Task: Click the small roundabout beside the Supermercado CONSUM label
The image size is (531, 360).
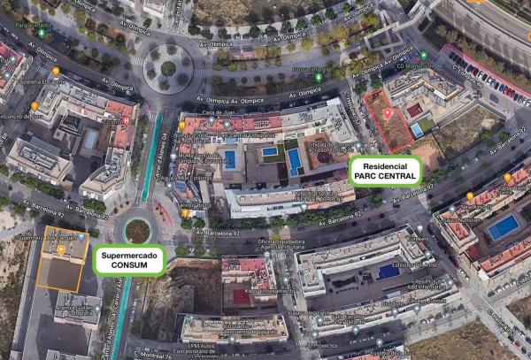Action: coord(137,230)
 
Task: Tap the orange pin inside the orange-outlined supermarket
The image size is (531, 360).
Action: coord(60,250)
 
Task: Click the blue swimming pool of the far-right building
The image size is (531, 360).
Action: coord(504,227)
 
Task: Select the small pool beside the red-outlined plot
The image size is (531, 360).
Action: coord(416,130)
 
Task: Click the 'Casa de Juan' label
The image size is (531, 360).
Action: coord(217,113)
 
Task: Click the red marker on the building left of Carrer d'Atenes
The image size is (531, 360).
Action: coord(127,121)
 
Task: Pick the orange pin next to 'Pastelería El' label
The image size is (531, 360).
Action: coord(56,71)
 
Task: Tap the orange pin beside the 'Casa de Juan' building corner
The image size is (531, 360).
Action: coord(182,126)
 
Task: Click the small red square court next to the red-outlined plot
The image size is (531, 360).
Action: coord(414,110)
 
